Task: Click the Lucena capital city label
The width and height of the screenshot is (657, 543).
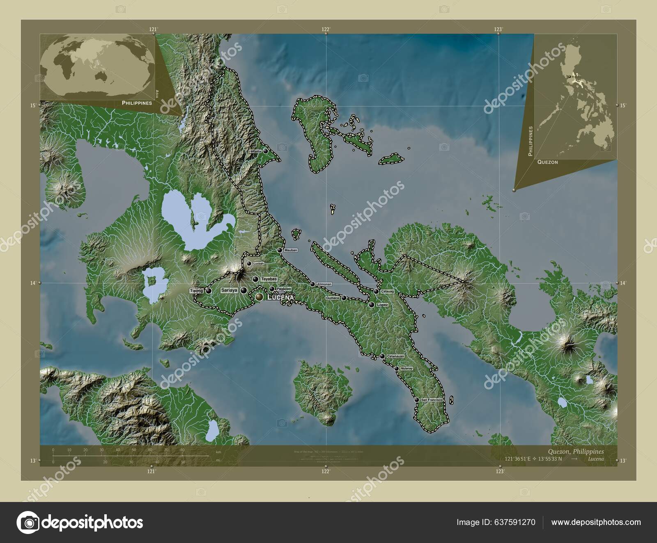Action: click(280, 297)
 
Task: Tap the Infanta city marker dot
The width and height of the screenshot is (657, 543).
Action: click(266, 151)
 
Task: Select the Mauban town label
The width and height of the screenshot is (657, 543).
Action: click(291, 250)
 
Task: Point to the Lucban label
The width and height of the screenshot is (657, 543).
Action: click(259, 264)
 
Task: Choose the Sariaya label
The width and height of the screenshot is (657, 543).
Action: click(229, 290)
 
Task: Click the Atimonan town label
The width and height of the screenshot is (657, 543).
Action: click(324, 284)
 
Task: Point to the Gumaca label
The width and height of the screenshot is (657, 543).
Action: click(333, 298)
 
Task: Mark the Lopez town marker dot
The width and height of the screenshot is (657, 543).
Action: click(372, 305)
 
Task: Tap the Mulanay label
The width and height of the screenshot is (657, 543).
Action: click(406, 369)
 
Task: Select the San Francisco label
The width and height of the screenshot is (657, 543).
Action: click(432, 399)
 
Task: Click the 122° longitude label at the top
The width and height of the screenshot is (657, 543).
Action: click(326, 29)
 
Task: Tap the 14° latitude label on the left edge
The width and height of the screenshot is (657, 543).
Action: click(34, 283)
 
